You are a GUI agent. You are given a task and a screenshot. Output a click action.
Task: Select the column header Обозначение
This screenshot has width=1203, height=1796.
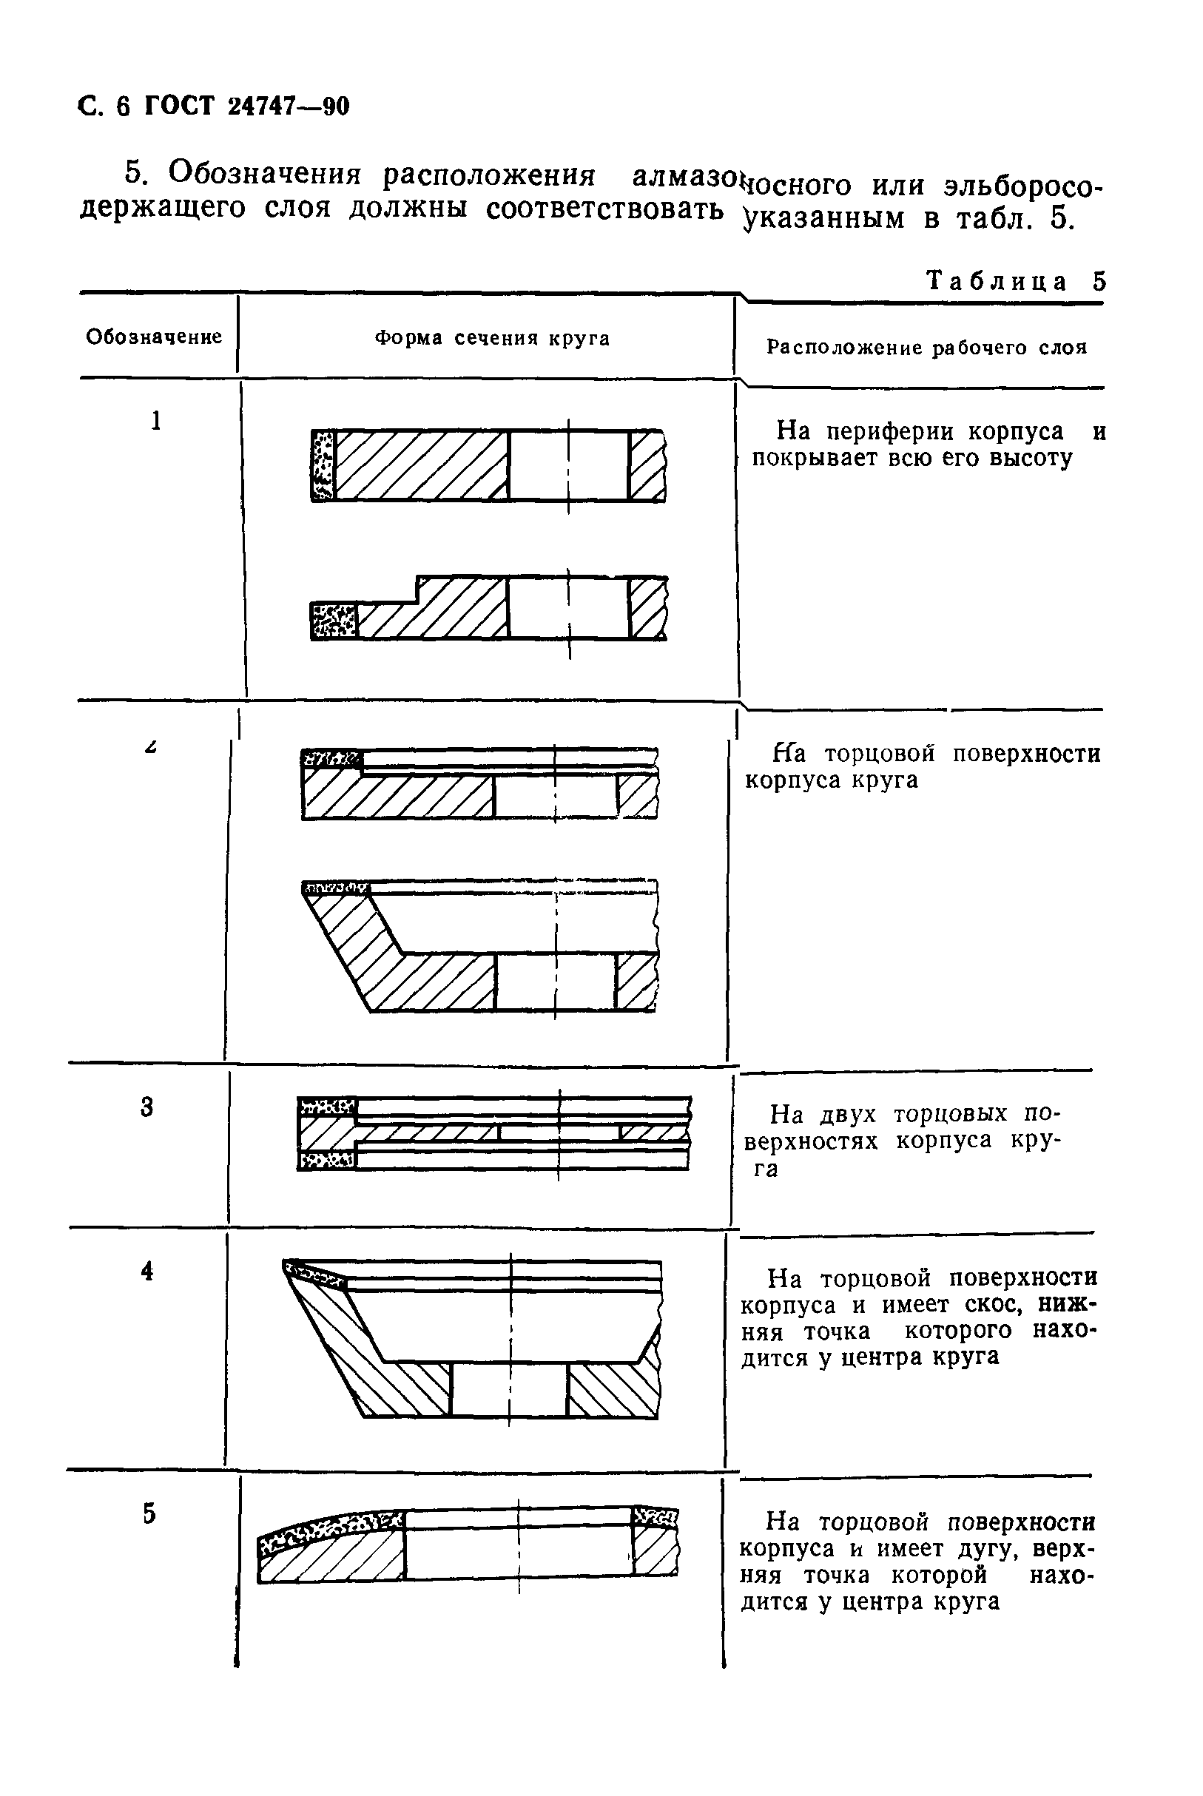(x=153, y=337)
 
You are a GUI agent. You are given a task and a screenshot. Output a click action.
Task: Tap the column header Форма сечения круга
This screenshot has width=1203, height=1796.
(x=492, y=338)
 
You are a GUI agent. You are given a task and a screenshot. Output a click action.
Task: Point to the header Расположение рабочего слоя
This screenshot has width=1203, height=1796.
(x=927, y=348)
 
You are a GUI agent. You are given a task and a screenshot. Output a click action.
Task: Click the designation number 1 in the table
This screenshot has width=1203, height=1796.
(x=156, y=420)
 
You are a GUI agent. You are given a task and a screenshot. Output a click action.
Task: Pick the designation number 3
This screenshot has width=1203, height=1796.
(x=147, y=1107)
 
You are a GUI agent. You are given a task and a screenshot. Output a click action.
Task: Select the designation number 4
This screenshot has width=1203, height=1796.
(x=147, y=1271)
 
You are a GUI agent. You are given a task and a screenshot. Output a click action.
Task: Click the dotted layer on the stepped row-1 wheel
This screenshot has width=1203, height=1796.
(x=334, y=621)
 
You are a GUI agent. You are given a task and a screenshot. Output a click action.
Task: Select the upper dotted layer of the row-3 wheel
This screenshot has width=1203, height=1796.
(x=328, y=1107)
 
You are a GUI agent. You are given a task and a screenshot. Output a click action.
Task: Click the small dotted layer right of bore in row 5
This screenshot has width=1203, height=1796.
(x=655, y=1517)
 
